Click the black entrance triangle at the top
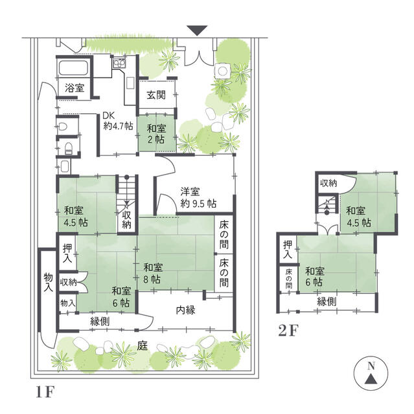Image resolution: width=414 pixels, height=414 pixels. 197,30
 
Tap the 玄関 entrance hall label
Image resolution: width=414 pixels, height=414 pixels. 156,95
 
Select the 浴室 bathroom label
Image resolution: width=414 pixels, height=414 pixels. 75,88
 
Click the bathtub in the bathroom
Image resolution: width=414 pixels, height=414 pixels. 73,68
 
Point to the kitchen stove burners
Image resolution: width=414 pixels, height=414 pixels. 119,63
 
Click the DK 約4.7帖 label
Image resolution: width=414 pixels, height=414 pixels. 118,121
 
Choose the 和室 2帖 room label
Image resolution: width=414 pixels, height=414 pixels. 157,134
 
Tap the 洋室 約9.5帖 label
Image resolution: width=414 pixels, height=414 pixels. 198,197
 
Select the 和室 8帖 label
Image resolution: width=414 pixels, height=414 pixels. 153,273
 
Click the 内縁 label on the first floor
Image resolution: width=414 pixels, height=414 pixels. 186,310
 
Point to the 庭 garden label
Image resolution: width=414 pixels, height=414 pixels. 143,345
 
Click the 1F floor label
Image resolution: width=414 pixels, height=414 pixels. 45,392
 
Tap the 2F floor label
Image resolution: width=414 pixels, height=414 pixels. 288,330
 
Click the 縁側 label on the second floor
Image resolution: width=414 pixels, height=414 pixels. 327,301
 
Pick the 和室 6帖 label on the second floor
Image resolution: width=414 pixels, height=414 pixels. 315,276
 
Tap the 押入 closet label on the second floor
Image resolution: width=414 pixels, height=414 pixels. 288,250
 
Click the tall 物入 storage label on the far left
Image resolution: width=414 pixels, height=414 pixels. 48,282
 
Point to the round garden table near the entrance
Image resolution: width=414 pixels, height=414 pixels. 223,71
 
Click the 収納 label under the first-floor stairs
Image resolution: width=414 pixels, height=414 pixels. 126,220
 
